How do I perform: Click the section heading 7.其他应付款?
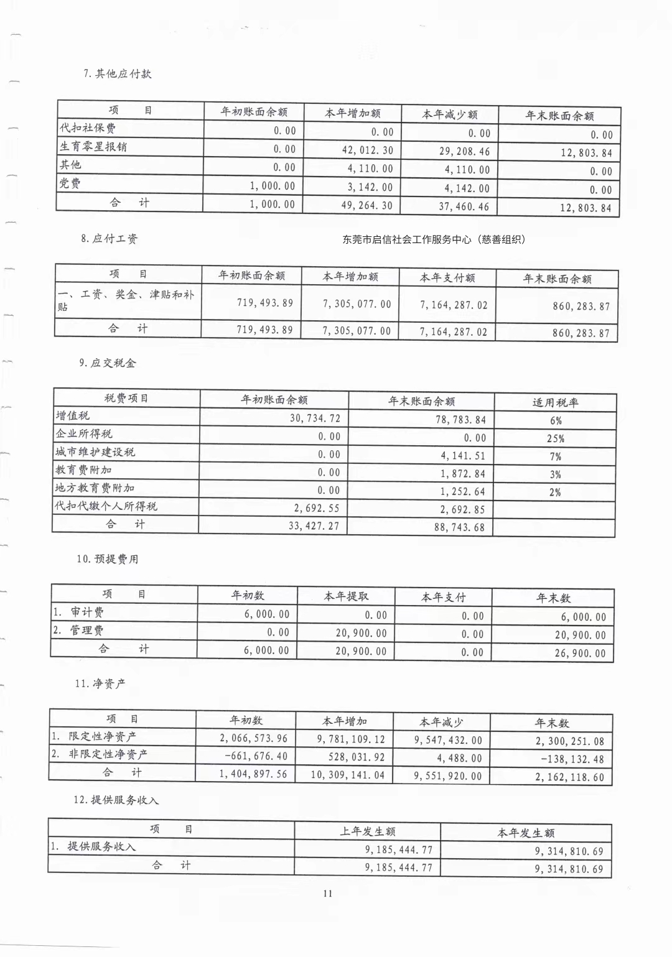(x=117, y=73)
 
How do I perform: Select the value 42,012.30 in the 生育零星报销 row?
(x=367, y=150)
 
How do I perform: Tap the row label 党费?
(x=70, y=183)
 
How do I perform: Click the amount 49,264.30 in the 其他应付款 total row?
(x=367, y=205)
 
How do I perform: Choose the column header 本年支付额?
(x=447, y=278)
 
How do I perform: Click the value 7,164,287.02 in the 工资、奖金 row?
(x=454, y=305)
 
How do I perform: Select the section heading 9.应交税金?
(x=107, y=363)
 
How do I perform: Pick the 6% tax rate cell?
(x=555, y=420)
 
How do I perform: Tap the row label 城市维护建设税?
(x=95, y=451)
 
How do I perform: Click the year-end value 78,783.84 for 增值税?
(x=460, y=420)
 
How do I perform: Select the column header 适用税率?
(x=555, y=402)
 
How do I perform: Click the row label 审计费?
(x=87, y=612)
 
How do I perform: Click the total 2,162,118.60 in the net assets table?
(x=569, y=777)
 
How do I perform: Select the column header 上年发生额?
(x=367, y=831)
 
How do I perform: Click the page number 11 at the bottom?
(x=328, y=894)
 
